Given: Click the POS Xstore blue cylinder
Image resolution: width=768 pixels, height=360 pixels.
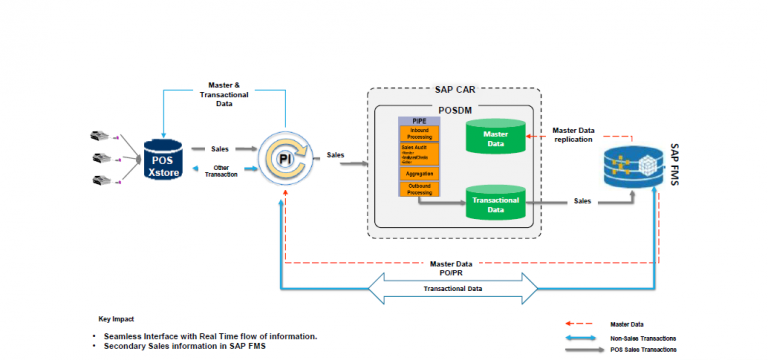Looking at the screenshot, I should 162,160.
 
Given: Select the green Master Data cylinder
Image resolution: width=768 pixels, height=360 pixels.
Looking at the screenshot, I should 495,137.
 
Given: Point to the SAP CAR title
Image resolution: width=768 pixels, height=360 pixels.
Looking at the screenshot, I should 455,91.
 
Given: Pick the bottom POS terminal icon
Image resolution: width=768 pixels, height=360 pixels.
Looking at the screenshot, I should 102,180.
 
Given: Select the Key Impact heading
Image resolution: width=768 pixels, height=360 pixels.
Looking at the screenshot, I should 118,317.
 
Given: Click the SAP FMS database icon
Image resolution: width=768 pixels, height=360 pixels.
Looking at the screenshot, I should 632,165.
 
